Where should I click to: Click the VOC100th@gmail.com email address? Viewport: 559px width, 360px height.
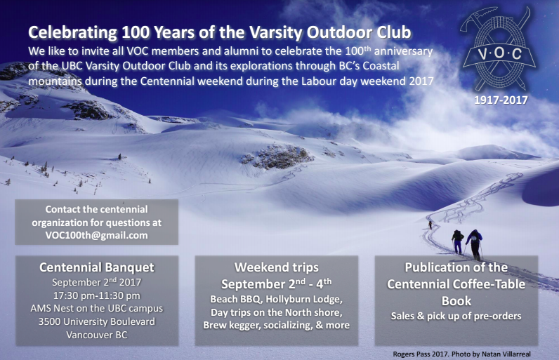(97, 235)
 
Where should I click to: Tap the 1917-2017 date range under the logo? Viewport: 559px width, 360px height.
(501, 100)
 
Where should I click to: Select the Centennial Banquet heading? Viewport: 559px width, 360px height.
(97, 267)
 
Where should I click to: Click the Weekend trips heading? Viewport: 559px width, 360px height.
(276, 267)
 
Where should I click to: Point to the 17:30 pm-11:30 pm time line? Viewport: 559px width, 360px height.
(97, 295)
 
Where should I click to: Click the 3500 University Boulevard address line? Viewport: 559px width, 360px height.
(97, 321)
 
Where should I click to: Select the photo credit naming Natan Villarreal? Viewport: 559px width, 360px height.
(461, 354)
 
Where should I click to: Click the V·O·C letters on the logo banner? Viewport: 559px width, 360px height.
(499, 53)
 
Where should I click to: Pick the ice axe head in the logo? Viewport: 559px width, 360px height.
(478, 15)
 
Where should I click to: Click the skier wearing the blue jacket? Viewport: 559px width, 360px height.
(475, 244)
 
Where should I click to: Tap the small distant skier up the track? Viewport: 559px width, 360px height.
(430, 225)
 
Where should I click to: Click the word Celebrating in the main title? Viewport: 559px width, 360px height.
(72, 32)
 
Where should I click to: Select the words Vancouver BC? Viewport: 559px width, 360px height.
(97, 335)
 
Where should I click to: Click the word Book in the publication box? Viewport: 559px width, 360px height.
(456, 301)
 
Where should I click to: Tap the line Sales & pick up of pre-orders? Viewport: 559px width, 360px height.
(456, 316)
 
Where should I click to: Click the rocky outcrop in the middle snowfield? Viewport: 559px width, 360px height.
(277, 156)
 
